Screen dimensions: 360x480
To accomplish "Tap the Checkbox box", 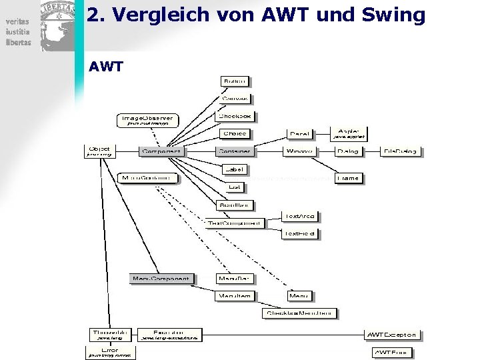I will click(236, 116).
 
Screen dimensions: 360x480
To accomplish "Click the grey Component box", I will click(162, 151).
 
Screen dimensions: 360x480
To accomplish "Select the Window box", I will click(300, 151).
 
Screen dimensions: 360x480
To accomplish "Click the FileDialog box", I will click(401, 151).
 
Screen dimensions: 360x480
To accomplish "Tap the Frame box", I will click(347, 178).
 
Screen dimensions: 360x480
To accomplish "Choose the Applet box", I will click(349, 133).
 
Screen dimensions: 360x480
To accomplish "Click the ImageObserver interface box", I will click(147, 120).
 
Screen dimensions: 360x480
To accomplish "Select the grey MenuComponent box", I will click(161, 278).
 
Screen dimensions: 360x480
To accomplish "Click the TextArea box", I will click(300, 217).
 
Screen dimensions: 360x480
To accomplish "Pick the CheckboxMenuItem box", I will click(300, 313).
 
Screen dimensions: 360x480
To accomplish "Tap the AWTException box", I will click(392, 335).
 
